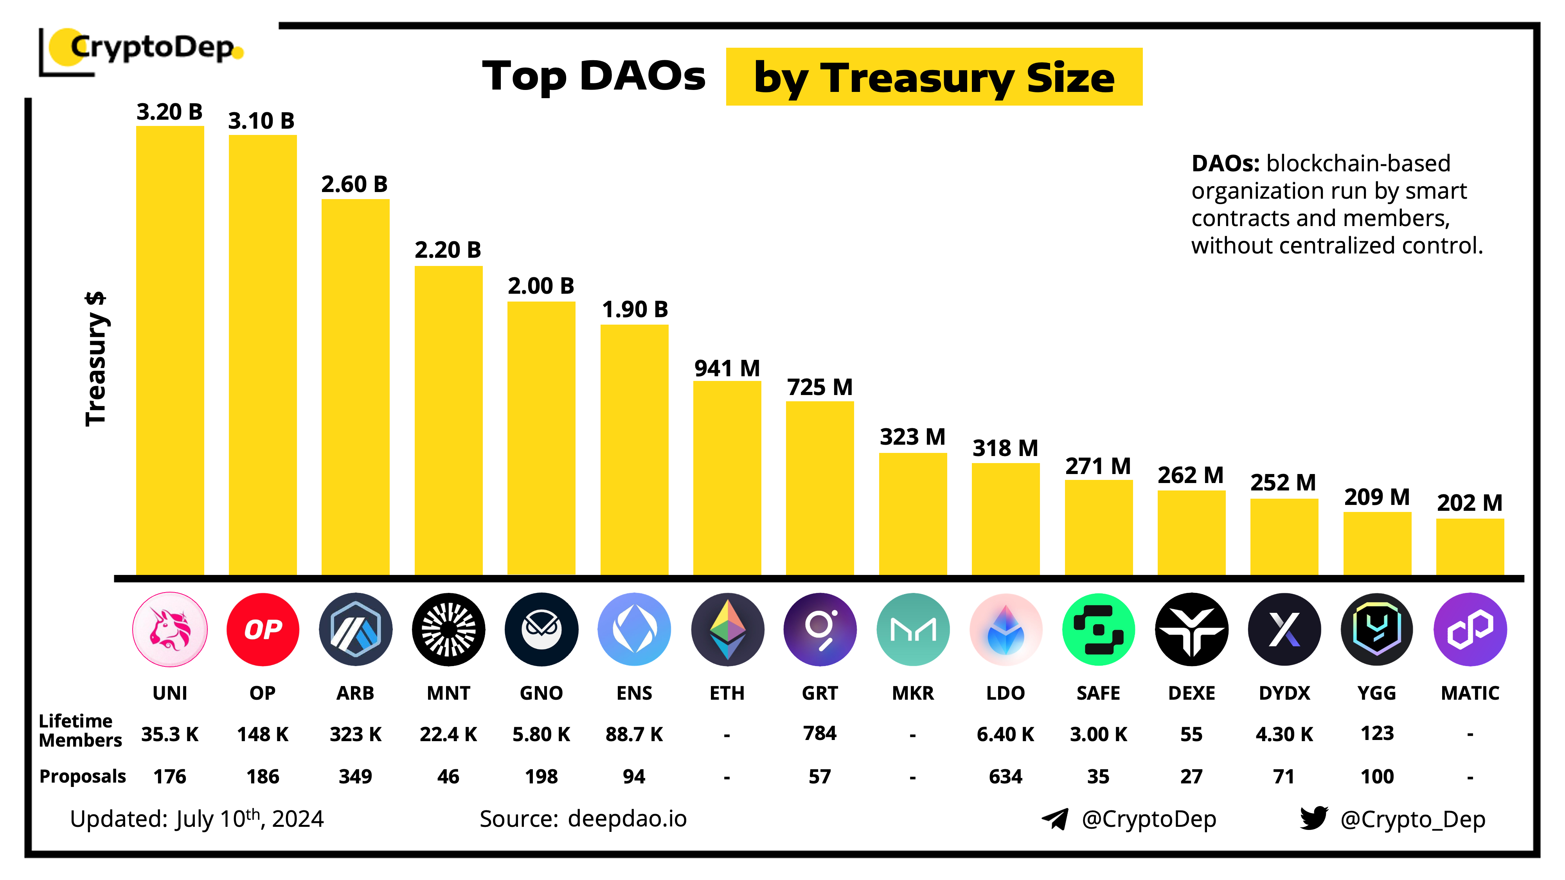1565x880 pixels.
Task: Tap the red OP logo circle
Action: [x=263, y=629]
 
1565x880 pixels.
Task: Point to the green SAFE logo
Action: [x=1098, y=629]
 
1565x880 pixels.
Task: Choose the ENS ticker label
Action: [x=634, y=693]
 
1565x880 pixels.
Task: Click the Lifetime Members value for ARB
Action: [x=355, y=734]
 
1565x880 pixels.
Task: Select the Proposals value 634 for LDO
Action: [x=1006, y=776]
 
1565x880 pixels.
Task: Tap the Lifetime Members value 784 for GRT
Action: [x=820, y=733]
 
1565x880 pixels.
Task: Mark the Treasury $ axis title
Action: [x=96, y=358]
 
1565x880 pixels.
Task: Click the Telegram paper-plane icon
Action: [x=1055, y=819]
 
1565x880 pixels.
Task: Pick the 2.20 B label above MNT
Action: [x=448, y=250]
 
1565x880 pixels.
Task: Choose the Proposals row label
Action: [x=83, y=776]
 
